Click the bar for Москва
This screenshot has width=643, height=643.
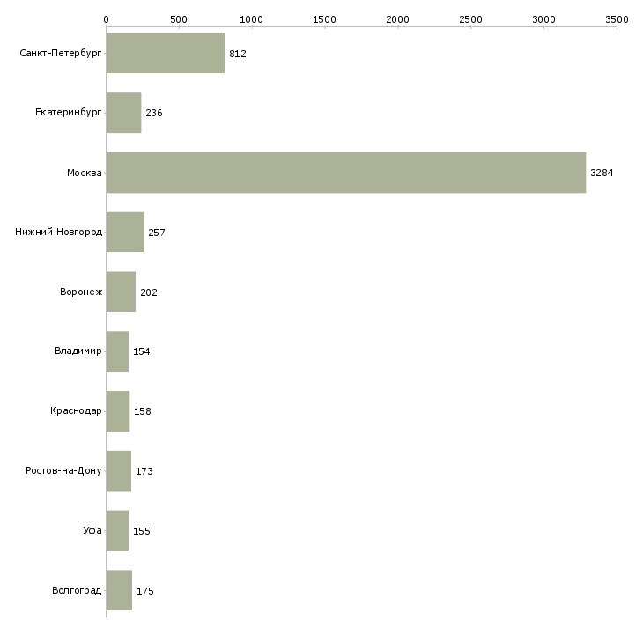point(345,173)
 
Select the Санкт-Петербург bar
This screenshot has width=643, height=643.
point(165,53)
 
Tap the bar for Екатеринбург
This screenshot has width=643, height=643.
point(123,113)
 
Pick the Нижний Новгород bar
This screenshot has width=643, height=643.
point(124,233)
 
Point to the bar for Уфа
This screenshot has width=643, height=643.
point(117,531)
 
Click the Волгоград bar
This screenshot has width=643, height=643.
point(119,590)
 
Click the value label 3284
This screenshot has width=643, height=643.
point(602,173)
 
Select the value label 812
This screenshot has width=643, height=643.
point(237,54)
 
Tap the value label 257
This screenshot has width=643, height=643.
point(157,233)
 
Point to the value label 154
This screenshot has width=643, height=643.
point(142,351)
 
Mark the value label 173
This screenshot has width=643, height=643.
point(144,471)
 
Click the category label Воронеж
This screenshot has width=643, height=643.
point(81,292)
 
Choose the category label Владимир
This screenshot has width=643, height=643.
point(78,351)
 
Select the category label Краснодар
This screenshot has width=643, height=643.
point(77,411)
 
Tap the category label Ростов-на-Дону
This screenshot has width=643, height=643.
point(64,471)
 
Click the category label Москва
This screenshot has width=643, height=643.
point(85,173)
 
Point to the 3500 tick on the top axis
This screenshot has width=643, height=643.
point(617,18)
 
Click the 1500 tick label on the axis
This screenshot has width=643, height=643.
point(324,18)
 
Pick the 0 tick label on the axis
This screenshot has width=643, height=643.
point(106,18)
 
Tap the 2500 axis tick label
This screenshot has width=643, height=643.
point(470,18)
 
